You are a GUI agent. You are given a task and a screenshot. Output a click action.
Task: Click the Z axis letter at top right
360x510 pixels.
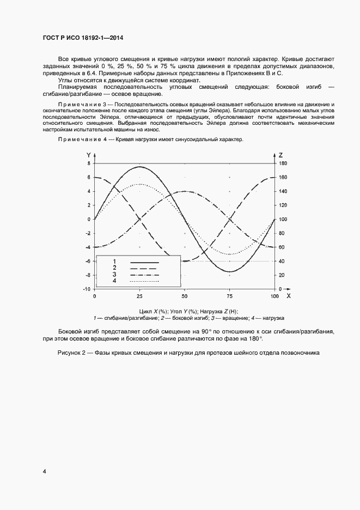pyautogui.click(x=280, y=155)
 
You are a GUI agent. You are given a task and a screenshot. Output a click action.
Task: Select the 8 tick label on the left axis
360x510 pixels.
pyautogui.click(x=89, y=163)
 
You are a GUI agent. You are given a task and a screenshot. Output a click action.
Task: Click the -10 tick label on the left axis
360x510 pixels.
pyautogui.click(x=87, y=289)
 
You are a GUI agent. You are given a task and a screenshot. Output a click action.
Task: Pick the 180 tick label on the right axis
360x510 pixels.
pyautogui.click(x=283, y=163)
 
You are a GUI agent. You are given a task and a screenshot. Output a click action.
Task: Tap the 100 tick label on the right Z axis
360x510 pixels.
pyautogui.click(x=283, y=219)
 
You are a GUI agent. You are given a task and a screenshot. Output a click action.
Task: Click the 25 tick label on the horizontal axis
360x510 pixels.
pyautogui.click(x=139, y=296)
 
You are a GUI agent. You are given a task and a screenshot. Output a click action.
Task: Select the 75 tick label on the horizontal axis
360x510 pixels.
pyautogui.click(x=229, y=296)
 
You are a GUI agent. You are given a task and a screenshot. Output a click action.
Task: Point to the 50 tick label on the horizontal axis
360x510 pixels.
pyautogui.click(x=184, y=296)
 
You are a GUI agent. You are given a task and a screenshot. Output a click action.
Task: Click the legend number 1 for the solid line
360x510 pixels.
pyautogui.click(x=115, y=262)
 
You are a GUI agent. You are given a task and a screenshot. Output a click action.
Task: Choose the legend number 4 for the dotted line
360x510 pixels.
pyautogui.click(x=115, y=281)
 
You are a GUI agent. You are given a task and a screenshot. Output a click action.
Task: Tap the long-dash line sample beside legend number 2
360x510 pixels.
pyautogui.click(x=144, y=269)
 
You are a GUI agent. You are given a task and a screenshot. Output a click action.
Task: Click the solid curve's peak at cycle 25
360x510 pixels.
pyautogui.click(x=139, y=167)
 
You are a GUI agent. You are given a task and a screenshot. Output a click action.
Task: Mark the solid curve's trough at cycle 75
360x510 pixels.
pyautogui.click(x=230, y=271)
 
